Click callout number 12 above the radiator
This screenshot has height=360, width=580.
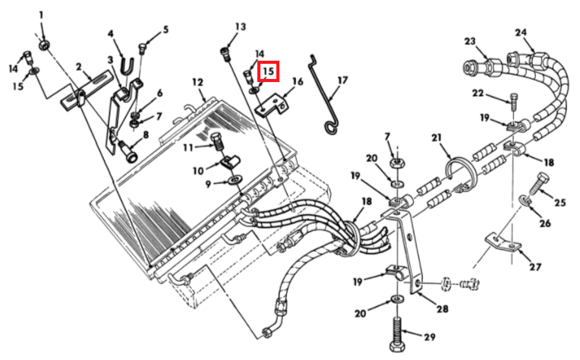pyautogui.click(x=197, y=82)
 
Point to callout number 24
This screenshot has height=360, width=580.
pyautogui.click(x=520, y=32)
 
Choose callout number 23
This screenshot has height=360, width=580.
pyautogui.click(x=470, y=40)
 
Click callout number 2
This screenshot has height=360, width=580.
pyautogui.click(x=78, y=67)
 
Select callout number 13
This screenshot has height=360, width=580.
pyautogui.click(x=241, y=27)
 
